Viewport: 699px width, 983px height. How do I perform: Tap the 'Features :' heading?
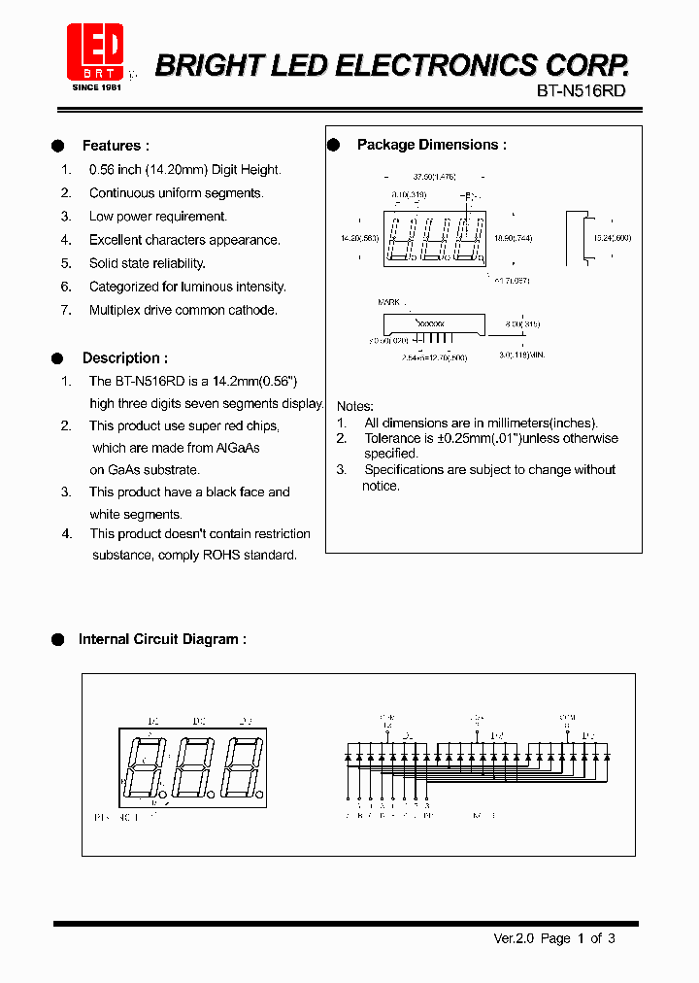coord(116,146)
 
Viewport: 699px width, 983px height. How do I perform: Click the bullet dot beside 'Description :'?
coord(57,358)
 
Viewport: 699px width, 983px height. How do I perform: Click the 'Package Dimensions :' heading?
coord(432,145)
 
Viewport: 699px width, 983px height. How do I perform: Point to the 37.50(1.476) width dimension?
coord(434,178)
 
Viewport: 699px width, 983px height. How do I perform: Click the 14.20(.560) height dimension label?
coord(359,238)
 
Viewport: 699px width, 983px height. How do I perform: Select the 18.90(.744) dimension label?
coord(514,238)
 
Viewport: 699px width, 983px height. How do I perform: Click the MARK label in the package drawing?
coord(388,303)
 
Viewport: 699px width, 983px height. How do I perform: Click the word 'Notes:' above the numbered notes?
coord(355,406)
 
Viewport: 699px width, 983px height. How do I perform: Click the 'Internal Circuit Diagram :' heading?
coord(162,639)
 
